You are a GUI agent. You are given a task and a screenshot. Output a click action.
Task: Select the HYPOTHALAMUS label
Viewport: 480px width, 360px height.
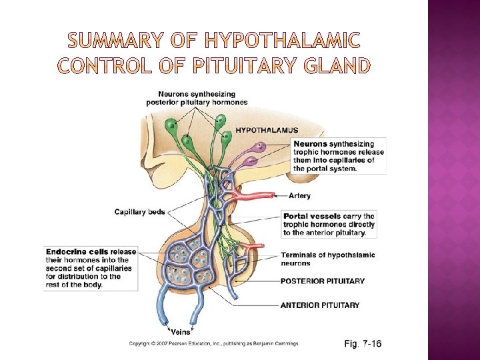pos(267,130)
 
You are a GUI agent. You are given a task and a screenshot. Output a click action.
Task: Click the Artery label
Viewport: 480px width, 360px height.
pos(300,196)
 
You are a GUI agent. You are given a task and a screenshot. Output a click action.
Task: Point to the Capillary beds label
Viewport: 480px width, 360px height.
pos(140,212)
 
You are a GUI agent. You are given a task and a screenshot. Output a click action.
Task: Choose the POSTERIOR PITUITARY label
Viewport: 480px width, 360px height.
pos(323,281)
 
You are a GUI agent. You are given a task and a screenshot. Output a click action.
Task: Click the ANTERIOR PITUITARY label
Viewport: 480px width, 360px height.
pos(320,305)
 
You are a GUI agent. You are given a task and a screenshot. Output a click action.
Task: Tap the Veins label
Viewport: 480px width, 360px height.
pos(180,331)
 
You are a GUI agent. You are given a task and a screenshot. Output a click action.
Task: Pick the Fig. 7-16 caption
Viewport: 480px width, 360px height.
pos(363,343)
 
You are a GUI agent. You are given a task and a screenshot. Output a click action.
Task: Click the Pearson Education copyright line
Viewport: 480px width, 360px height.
pos(214,343)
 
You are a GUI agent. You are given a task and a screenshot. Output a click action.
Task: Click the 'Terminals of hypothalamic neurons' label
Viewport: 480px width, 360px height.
pos(327,259)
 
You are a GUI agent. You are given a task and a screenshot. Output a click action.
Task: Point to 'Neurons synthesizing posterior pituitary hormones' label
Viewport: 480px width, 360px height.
pos(197,98)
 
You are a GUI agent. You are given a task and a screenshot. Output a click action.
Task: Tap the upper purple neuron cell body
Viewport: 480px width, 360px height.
pos(260,147)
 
